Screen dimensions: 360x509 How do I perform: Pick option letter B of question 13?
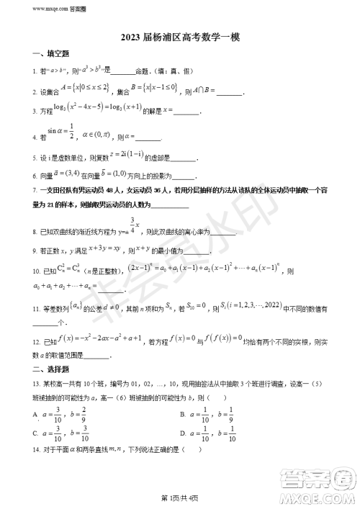[182, 415]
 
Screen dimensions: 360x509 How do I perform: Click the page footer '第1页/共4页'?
[180, 500]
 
